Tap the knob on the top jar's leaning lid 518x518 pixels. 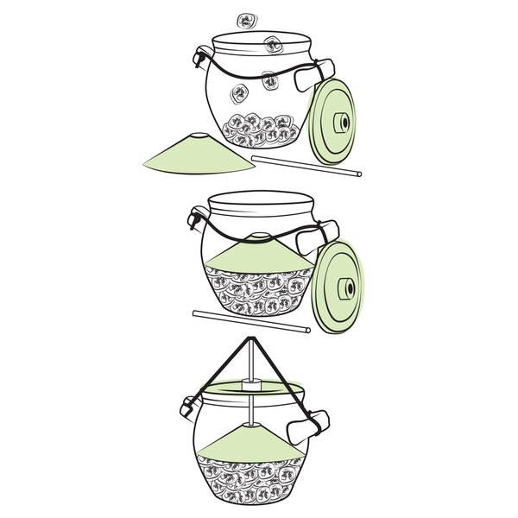click(344, 123)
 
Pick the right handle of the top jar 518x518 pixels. click(313, 76)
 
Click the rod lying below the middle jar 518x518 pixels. click(250, 320)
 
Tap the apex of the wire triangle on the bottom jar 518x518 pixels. click(249, 338)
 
